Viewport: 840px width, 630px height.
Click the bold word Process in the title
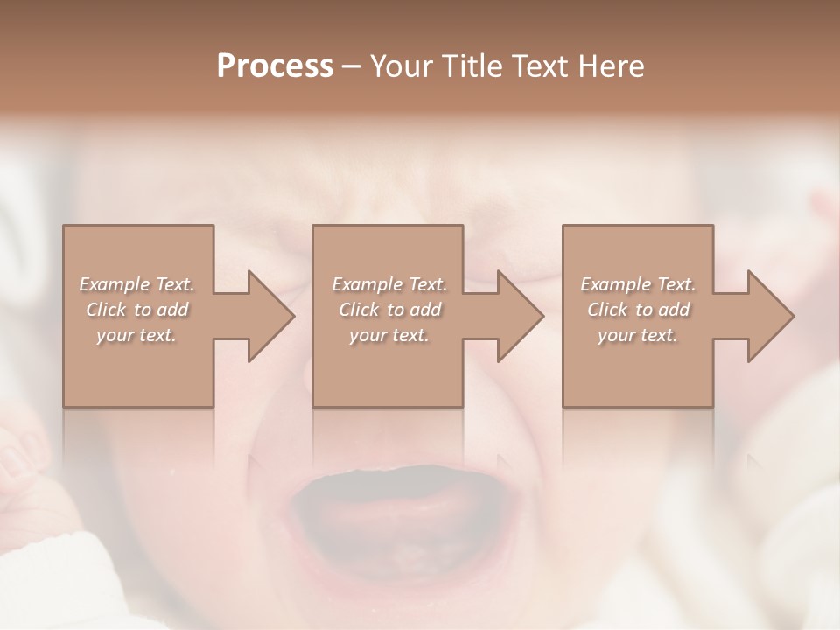pyautogui.click(x=275, y=66)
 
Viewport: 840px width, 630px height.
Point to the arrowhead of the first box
pyautogui.click(x=271, y=316)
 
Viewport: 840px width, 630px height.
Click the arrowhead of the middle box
pyautogui.click(x=521, y=316)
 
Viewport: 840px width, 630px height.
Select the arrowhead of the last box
pyautogui.click(x=771, y=316)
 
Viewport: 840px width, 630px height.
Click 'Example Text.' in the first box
pyautogui.click(x=136, y=284)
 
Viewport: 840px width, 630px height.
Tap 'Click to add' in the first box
pyautogui.click(x=136, y=310)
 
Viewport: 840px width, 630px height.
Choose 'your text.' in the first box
pyautogui.click(x=136, y=335)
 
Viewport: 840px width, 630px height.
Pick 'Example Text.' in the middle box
pyautogui.click(x=388, y=284)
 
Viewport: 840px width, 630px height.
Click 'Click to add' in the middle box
pyautogui.click(x=388, y=310)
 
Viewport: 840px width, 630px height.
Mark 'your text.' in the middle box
pyautogui.click(x=388, y=335)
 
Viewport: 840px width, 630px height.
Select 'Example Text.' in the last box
pyautogui.click(x=637, y=284)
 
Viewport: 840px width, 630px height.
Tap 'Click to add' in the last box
pyautogui.click(x=637, y=310)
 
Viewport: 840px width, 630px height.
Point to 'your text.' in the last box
pyautogui.click(x=637, y=335)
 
